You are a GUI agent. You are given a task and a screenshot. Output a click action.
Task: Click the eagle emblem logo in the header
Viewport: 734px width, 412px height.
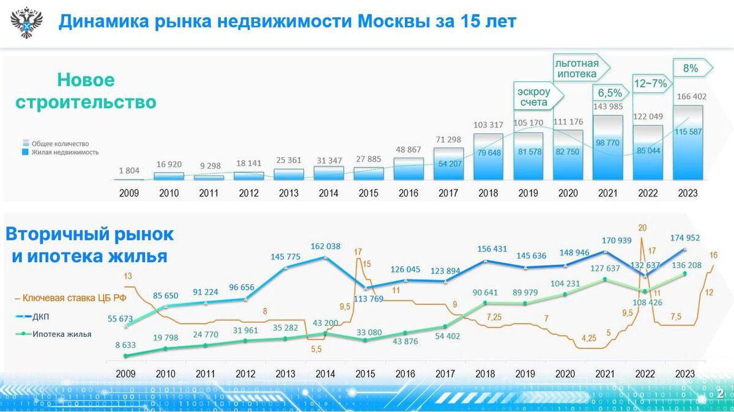point(26,22)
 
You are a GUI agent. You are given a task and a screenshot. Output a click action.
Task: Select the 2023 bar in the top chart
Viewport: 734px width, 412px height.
point(688,143)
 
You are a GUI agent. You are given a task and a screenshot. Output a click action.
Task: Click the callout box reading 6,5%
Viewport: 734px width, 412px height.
point(609,93)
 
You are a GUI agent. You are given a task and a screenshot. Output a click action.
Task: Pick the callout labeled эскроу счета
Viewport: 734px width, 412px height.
point(535,97)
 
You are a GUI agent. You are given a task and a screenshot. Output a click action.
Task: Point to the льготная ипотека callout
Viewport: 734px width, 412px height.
point(577,68)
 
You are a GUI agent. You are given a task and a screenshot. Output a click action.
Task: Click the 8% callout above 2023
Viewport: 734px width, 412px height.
point(691,68)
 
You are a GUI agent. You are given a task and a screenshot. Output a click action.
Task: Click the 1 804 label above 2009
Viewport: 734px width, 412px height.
point(128,171)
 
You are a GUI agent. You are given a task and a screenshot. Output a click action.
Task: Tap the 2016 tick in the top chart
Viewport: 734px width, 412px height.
point(409,193)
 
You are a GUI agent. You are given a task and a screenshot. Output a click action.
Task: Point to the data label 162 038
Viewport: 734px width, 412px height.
point(325,247)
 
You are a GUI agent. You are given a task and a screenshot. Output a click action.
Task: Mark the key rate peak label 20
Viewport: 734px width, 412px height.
point(642,228)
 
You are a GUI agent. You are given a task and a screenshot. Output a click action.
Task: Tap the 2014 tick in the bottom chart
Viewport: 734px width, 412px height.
point(325,373)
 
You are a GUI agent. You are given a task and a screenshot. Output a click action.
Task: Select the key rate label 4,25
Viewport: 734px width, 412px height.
point(589,337)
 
